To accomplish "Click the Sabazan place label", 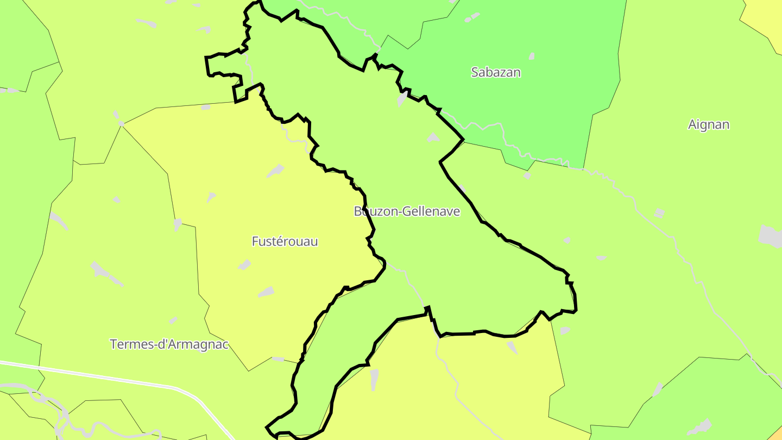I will [x=496, y=72].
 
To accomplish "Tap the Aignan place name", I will [x=708, y=124].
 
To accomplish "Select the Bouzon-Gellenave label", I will [x=407, y=211].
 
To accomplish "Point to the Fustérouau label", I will [x=285, y=241].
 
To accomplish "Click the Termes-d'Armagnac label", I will [x=169, y=344].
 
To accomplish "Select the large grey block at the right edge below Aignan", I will [x=770, y=236].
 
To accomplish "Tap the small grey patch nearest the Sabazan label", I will [x=532, y=56].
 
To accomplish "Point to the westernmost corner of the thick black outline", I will [x=206, y=57].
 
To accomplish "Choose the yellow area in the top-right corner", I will [x=766, y=16].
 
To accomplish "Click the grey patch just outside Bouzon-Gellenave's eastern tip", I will [x=565, y=330].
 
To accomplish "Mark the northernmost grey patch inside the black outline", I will [x=402, y=98].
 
